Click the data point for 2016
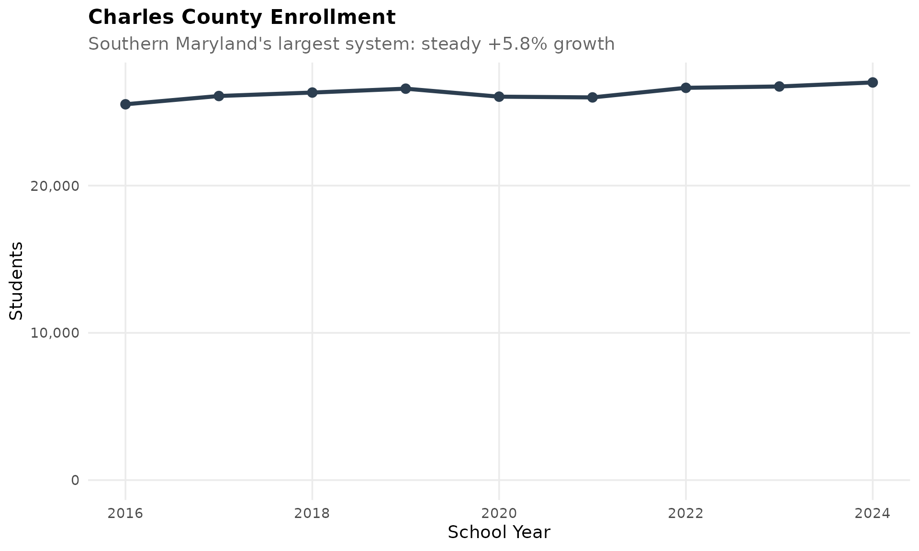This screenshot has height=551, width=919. coord(125,104)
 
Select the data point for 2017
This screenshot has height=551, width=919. coord(219,96)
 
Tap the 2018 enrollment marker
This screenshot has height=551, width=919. coord(312,92)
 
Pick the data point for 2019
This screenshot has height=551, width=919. coord(405,88)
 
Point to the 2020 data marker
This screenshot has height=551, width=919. coord(499,97)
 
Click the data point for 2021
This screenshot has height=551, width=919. coord(592,98)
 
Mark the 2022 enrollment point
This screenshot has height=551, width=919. coord(685,88)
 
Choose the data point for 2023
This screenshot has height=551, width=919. coord(779,87)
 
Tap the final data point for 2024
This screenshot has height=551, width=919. coord(873,82)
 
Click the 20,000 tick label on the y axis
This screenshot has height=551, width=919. coord(55,186)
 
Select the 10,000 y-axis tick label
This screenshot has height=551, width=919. coord(55,333)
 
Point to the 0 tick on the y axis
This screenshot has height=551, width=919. coord(75,480)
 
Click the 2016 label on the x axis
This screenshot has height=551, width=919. coord(125,514)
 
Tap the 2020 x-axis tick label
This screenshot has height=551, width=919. coord(499,514)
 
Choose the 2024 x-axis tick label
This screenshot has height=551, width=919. coord(872,514)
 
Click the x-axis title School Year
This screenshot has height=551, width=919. coord(499,532)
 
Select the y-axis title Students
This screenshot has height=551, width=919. coord(17,281)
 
